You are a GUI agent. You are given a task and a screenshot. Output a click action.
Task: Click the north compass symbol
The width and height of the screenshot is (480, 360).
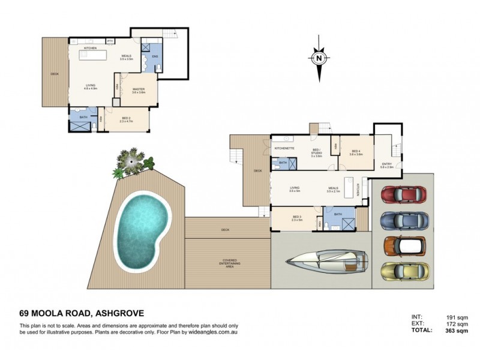[319, 59]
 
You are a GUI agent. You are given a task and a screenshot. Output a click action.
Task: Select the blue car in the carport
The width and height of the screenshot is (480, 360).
[404, 221]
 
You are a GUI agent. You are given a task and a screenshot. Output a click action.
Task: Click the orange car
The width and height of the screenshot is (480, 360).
[404, 246]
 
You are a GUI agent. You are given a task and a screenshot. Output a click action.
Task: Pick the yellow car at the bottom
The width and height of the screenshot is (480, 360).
[404, 271]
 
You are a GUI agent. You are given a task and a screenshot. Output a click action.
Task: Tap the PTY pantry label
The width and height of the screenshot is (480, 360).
[110, 41]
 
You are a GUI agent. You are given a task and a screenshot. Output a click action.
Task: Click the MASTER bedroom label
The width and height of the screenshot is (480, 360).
[139, 89]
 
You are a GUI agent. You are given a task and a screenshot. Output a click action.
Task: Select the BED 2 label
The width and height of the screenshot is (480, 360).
[126, 118]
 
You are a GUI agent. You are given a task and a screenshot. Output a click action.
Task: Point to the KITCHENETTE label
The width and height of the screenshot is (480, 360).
[284, 148]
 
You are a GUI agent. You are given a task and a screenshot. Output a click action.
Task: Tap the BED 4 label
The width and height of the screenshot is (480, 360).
[356, 151]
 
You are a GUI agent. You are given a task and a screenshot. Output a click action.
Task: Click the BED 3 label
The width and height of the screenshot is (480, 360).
[297, 217]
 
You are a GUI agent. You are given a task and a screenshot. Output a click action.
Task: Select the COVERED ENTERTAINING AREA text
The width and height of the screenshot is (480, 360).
[227, 262]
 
